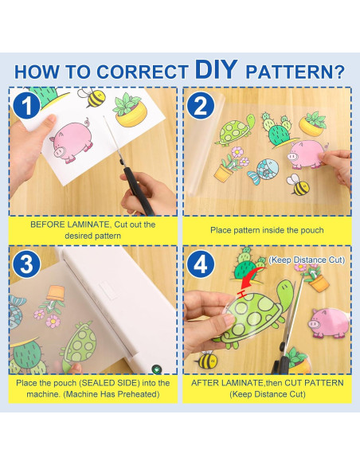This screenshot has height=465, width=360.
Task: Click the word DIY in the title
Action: coord(216,69)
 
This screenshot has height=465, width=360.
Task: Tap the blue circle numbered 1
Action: coord(27,105)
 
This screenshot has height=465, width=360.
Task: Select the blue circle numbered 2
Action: coord(201,105)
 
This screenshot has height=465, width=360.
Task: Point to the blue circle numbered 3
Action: coord(27,264)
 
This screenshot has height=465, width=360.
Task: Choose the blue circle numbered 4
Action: coord(201,264)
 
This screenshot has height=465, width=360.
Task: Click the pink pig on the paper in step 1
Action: coord(72,141)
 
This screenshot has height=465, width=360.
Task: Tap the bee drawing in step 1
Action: coord(92,97)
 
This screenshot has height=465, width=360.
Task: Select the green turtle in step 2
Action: coord(235,130)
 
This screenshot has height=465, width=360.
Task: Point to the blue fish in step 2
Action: coord(264,171)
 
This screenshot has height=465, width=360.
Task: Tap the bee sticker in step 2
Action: coord(298,185)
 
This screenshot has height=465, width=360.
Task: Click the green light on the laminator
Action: coord(156,369)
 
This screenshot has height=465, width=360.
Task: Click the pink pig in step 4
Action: coord(329,323)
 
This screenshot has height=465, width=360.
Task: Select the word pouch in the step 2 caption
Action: coord(312,230)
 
